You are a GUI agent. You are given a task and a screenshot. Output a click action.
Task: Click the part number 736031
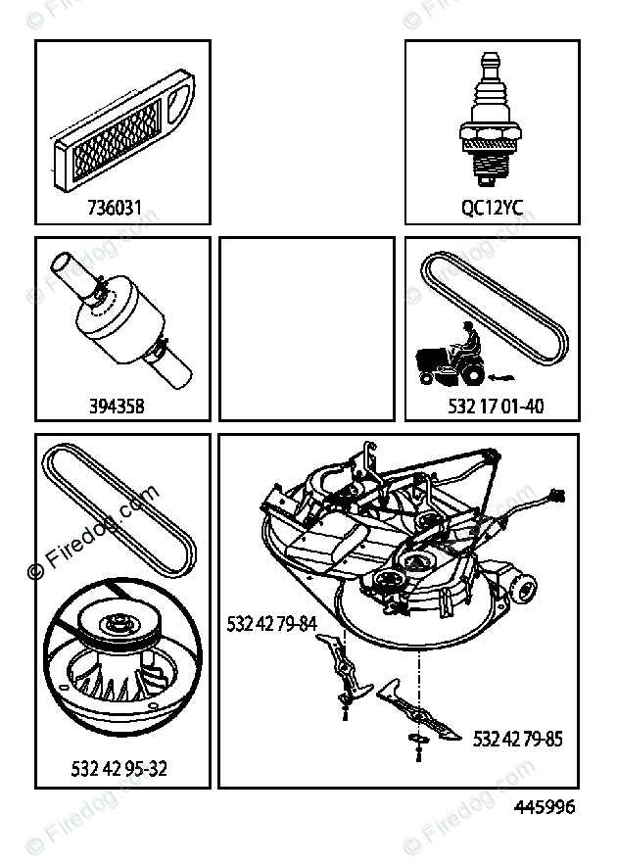[120, 208]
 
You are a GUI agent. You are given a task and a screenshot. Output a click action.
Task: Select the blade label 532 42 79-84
[271, 622]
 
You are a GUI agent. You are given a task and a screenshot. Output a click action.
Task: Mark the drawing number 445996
[545, 808]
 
